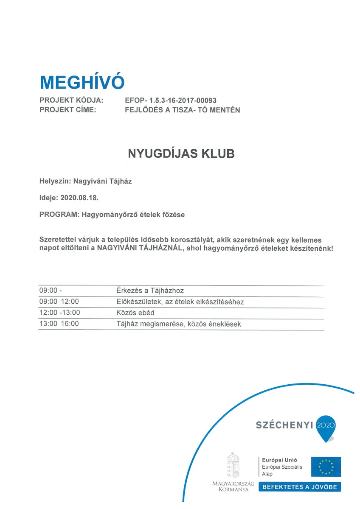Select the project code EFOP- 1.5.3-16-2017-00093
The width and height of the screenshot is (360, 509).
[x=171, y=101]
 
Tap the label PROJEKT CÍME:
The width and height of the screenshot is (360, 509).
[x=67, y=110]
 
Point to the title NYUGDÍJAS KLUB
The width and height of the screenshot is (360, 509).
[x=181, y=154]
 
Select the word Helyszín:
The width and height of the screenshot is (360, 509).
[x=55, y=182]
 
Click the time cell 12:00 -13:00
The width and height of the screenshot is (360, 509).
[x=60, y=313]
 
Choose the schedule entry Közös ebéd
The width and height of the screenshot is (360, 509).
[x=135, y=313]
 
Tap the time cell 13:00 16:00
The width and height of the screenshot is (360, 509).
[x=59, y=324]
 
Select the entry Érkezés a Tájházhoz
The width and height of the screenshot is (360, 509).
[x=150, y=291]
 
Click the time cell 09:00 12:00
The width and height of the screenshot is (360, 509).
[x=59, y=302]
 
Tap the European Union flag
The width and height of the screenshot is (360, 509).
[x=326, y=467]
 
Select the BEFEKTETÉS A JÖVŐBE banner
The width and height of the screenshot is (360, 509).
[x=300, y=487]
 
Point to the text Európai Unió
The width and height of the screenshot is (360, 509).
[x=279, y=460]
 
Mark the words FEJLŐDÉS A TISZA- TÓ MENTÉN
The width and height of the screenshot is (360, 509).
[x=183, y=110]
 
